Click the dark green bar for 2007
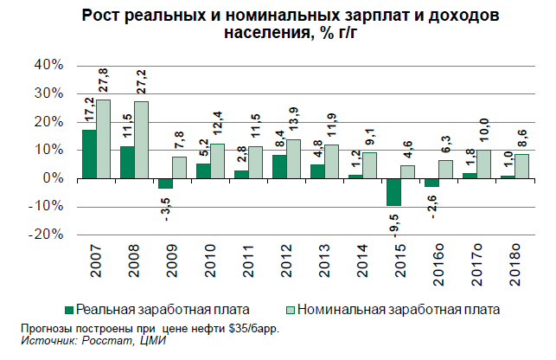[x=89, y=154]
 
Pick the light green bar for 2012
[x=293, y=159]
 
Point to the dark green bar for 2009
[x=165, y=183]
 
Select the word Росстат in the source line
[x=104, y=341]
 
